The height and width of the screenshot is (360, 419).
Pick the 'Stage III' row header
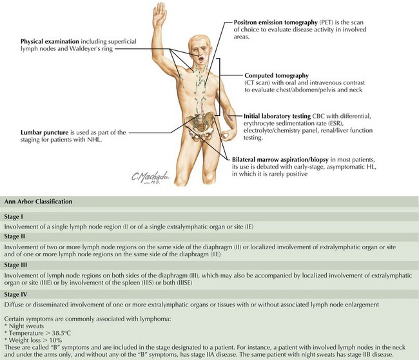[x=17, y=265]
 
